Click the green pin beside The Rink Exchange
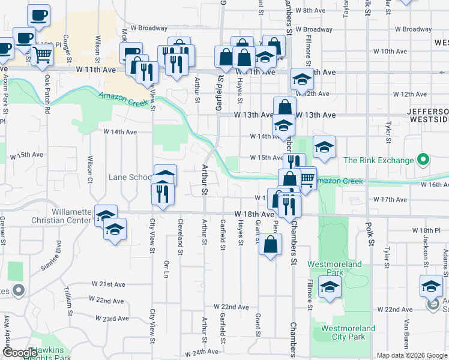pos(423,160)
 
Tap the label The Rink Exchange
pos(378,160)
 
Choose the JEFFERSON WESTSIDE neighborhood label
pos(427,116)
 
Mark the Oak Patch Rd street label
pos(47,95)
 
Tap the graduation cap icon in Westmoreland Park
pos(330,287)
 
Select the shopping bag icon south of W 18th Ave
pos(271,244)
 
